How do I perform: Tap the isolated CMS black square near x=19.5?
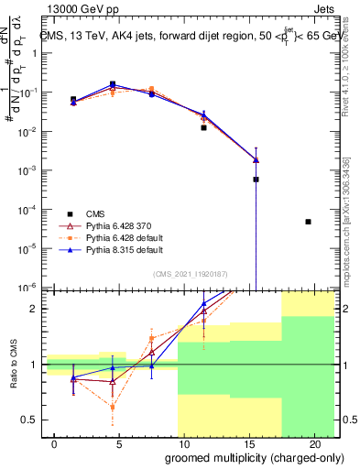[x=308, y=222]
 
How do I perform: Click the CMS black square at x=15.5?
[x=256, y=180]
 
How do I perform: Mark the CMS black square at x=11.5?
[x=204, y=128]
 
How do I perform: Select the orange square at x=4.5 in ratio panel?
[x=113, y=407]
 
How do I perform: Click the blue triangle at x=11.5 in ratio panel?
[x=204, y=304]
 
